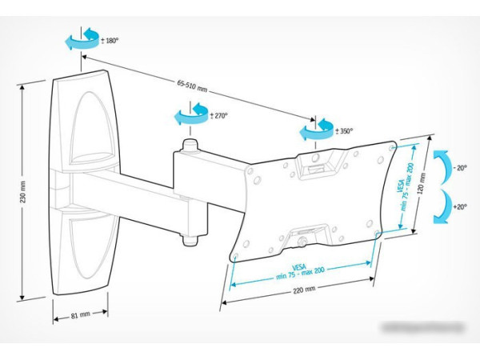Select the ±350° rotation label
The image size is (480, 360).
344,130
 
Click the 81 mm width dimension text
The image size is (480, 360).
81,315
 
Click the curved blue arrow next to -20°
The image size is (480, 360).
440,167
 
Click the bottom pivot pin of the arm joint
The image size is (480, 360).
190,238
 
